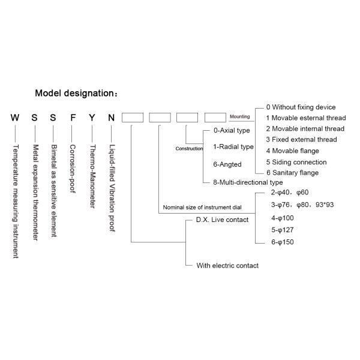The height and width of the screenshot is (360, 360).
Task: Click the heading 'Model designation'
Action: click(76, 94)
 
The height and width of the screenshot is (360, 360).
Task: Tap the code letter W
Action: click(15, 118)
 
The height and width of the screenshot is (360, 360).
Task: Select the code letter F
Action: click(73, 118)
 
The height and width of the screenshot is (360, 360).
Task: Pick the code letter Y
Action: click(92, 118)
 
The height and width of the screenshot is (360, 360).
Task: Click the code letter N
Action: click(111, 118)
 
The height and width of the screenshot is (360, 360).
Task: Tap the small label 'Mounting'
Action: click(239, 116)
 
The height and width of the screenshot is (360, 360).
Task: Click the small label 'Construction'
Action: click(189, 148)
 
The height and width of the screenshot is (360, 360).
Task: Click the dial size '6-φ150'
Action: click(283, 242)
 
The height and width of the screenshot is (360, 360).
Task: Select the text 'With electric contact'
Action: click(227, 265)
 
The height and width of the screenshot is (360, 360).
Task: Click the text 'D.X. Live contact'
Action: click(222, 220)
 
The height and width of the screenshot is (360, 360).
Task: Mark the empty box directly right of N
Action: click(132, 118)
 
